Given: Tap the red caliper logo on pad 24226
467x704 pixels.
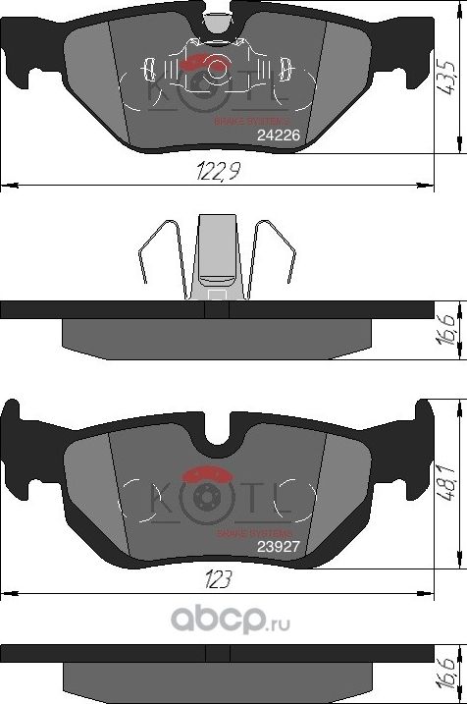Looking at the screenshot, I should click(x=202, y=63).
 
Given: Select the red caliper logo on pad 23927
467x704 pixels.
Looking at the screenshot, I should click(x=209, y=473).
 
